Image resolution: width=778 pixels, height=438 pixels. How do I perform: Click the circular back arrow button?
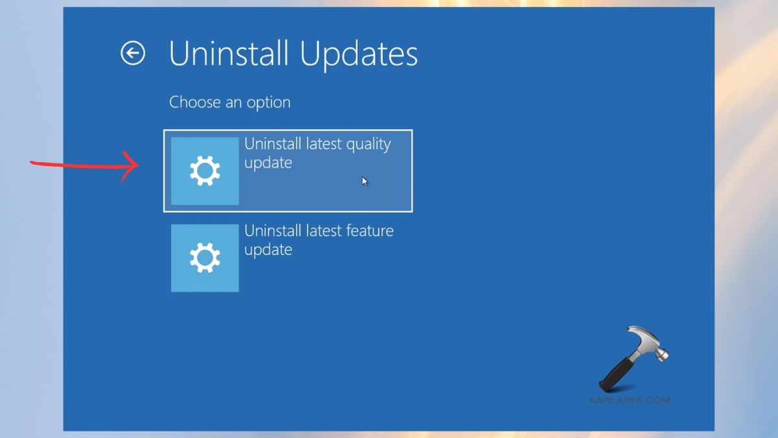click(133, 53)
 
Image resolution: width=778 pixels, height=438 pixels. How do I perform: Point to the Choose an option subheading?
click(230, 103)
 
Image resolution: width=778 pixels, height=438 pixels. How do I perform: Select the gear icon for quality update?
click(205, 171)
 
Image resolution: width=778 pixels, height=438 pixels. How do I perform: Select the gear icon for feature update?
click(205, 258)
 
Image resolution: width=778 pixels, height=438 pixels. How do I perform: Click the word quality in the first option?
click(367, 145)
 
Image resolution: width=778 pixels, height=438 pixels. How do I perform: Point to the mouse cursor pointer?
click(365, 182)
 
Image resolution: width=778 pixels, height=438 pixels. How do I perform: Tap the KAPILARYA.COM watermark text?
click(629, 400)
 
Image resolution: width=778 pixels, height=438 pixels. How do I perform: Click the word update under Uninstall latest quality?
click(268, 163)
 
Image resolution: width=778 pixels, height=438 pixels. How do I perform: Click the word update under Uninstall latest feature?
click(268, 250)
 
